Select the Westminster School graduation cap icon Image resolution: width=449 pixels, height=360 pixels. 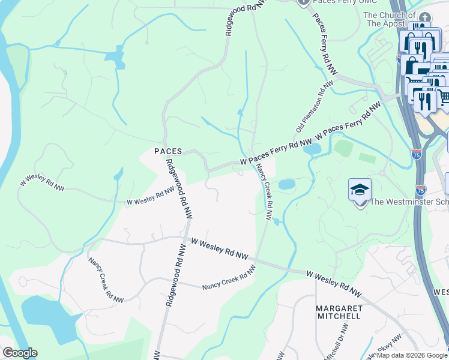tap(360, 190)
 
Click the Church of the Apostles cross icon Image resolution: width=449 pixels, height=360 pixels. tap(426, 17)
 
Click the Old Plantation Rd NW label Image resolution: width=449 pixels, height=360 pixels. tap(314, 108)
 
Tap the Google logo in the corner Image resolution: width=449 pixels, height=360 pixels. tap(19, 353)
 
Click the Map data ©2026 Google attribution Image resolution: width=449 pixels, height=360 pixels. tap(412, 355)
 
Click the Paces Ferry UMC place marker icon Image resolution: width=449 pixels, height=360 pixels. tap(303, 2)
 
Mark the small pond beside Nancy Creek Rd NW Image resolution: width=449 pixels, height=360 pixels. tap(286, 184)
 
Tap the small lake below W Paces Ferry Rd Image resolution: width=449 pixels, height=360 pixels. tap(312, 149)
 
